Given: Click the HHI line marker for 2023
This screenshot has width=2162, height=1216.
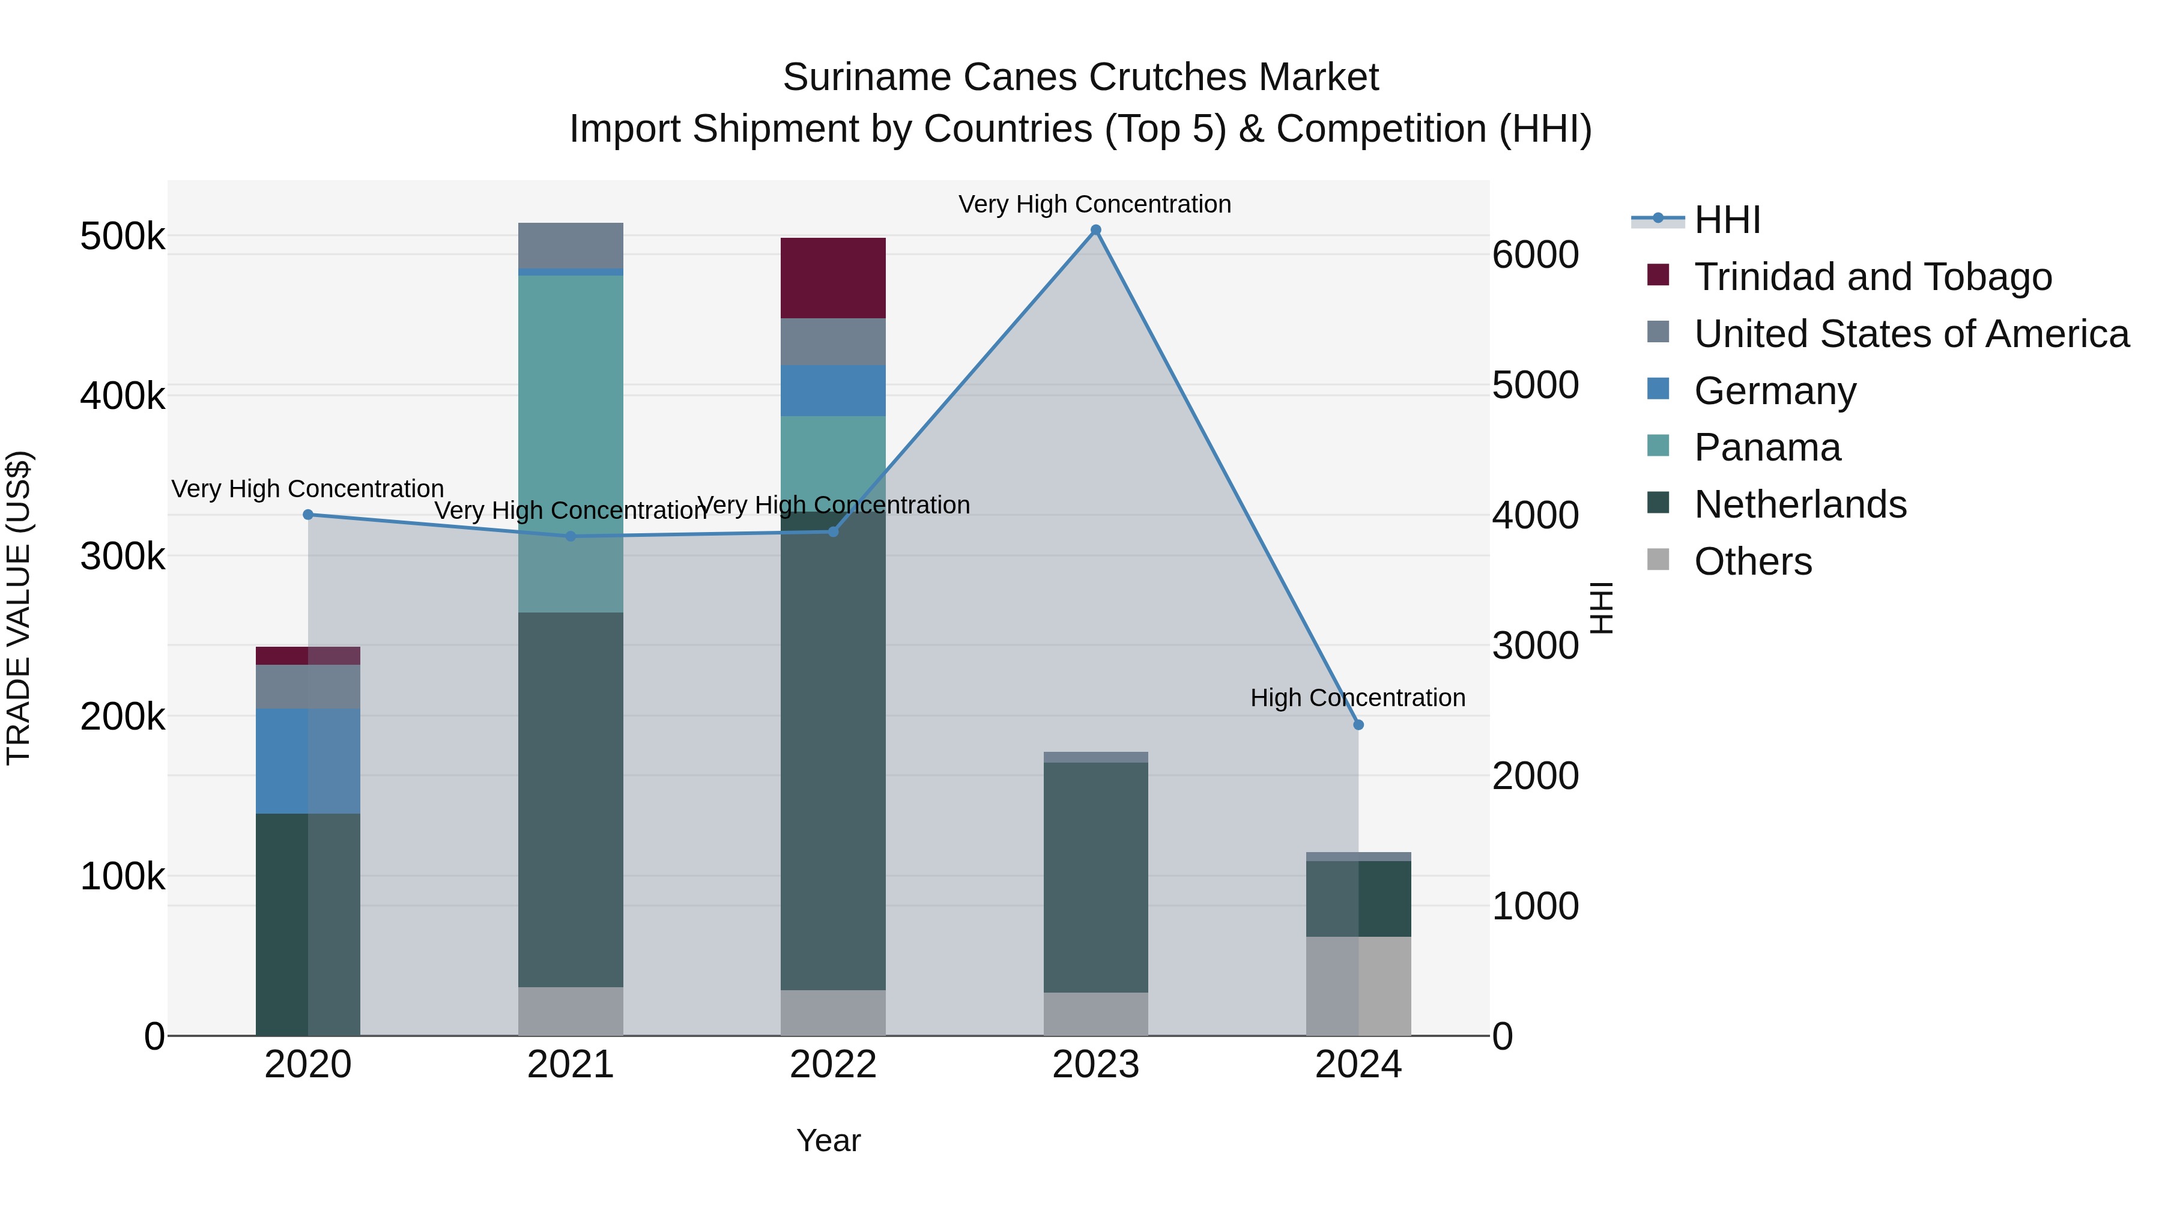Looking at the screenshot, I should pyautogui.click(x=1095, y=230).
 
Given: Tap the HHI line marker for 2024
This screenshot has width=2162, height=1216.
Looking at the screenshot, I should pyautogui.click(x=1358, y=724).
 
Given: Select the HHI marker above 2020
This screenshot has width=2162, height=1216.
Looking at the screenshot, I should pyautogui.click(x=308, y=515).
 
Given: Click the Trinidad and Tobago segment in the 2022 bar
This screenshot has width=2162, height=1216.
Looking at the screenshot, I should pyautogui.click(x=832, y=278).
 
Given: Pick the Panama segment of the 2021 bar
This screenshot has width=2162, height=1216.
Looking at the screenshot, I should pyautogui.click(x=571, y=443).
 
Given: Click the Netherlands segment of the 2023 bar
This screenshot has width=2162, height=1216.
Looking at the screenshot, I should pyautogui.click(x=1095, y=877).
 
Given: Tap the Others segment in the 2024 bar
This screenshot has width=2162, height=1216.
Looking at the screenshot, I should pyautogui.click(x=1358, y=985).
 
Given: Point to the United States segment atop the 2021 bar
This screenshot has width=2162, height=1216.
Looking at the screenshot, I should pyautogui.click(x=571, y=245).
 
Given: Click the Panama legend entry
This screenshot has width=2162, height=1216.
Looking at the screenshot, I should pyautogui.click(x=1767, y=447).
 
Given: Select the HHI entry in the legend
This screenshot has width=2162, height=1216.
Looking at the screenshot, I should pyautogui.click(x=1727, y=220).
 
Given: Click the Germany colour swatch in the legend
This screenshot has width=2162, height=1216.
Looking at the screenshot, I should pyautogui.click(x=1658, y=389).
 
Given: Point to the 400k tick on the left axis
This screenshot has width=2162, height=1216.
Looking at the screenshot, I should pyautogui.click(x=123, y=395).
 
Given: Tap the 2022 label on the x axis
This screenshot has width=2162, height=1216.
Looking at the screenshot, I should pyautogui.click(x=832, y=1064).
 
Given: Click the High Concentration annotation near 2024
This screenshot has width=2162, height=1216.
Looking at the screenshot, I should pyautogui.click(x=1357, y=697).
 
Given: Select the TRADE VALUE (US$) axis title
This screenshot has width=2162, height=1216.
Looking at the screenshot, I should pyautogui.click(x=19, y=608).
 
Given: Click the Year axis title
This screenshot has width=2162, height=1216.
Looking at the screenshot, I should pyautogui.click(x=828, y=1140).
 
